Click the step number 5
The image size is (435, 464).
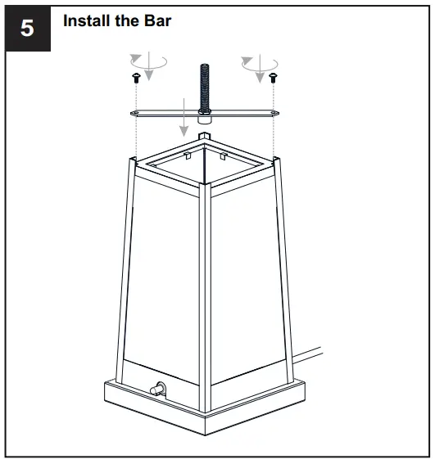(x=27, y=28)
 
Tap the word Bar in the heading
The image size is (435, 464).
(x=157, y=21)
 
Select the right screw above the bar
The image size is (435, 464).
(x=274, y=78)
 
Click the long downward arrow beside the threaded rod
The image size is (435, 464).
(x=184, y=115)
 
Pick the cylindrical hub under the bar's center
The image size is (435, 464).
(x=205, y=119)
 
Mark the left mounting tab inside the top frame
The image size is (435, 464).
(x=188, y=155)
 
